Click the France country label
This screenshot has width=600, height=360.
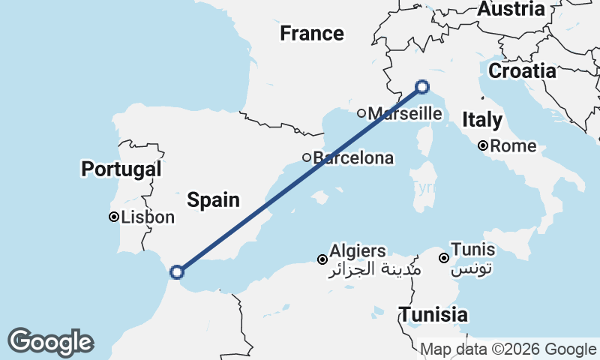[311, 34]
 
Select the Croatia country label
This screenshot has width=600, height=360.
[522, 71]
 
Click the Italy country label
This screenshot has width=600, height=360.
[482, 119]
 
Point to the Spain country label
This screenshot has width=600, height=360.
[213, 200]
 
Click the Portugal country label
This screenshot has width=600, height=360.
[121, 169]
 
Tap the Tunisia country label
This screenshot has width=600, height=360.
[433, 315]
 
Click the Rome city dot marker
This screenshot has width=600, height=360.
[484, 146]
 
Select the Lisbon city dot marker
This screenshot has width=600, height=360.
[113, 217]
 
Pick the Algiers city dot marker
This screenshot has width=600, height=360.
[322, 259]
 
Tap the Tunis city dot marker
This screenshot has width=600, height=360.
[444, 258]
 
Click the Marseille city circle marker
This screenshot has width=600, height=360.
[361, 114]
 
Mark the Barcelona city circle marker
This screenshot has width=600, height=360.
[307, 157]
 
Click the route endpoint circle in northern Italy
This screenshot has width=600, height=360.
[421, 87]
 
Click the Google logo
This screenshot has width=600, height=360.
[50, 342]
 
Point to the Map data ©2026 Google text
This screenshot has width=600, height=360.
[508, 349]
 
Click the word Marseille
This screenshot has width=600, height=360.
[405, 114]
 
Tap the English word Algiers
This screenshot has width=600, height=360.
[358, 251]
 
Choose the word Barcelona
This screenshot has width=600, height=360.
[353, 158]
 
